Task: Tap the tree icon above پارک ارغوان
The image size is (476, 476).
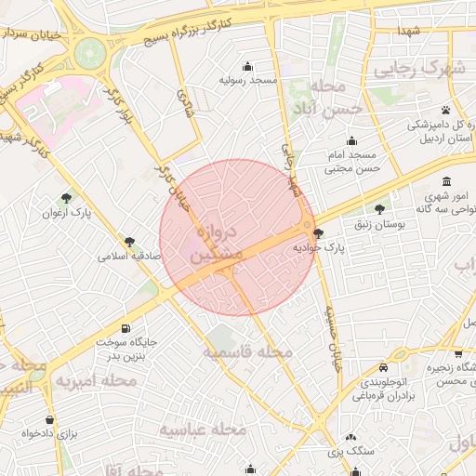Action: (66, 198)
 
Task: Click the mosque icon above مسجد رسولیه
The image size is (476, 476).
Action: (248, 66)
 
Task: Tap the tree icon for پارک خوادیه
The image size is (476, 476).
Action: (320, 234)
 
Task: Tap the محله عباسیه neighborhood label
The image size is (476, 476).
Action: (202, 430)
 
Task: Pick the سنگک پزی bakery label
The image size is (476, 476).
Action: (350, 451)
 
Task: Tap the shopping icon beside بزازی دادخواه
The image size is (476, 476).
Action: (49, 419)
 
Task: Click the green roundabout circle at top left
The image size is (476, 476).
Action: (90, 53)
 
